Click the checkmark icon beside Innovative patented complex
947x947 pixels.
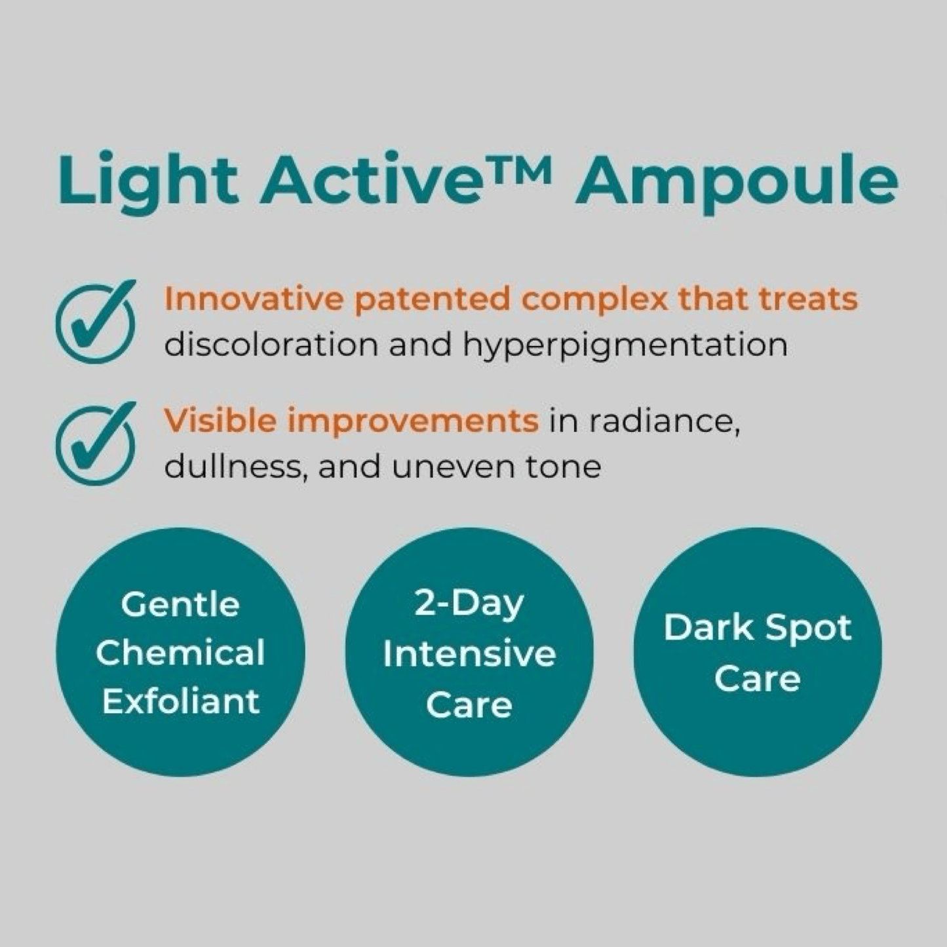point(96,322)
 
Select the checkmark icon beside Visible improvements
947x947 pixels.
point(96,443)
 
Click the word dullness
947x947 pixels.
point(233,467)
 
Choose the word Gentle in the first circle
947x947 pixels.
point(180,604)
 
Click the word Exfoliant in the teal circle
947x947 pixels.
point(181,701)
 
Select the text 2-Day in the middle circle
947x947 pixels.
point(469,604)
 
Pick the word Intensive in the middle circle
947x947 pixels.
point(469,655)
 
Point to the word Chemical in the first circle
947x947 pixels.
point(180,653)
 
